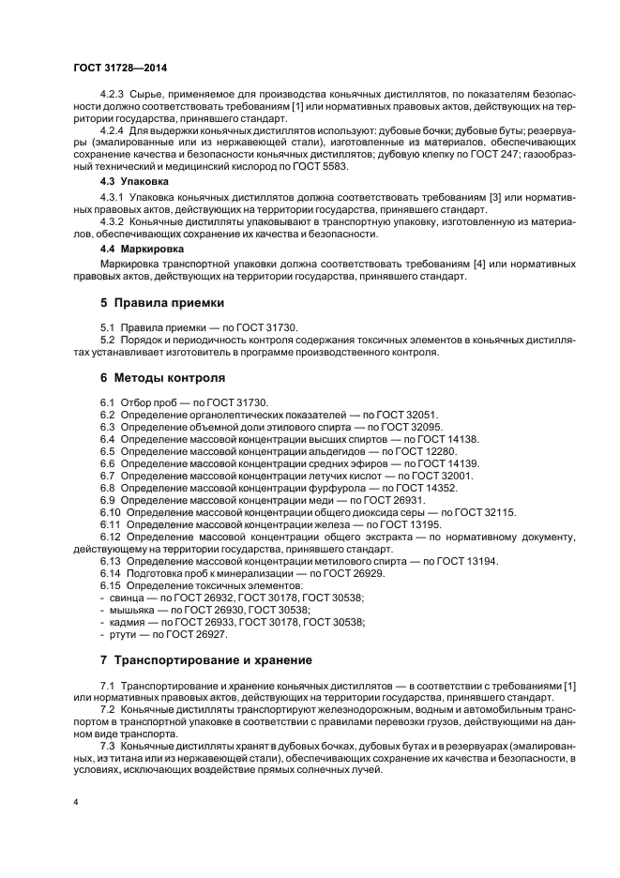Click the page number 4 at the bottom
coord(76,805)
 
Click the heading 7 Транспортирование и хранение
coord(200,659)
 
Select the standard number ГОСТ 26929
coord(371,572)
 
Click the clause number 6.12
coord(112,537)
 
